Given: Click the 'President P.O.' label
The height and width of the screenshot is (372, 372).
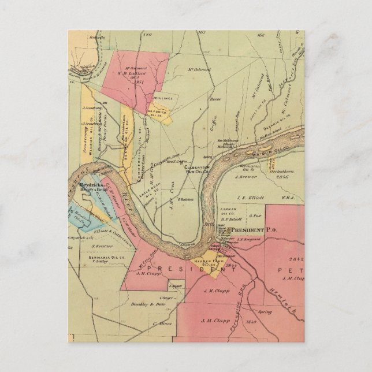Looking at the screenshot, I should (255, 230).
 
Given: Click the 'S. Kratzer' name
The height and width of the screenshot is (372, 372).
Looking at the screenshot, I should (101, 245).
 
